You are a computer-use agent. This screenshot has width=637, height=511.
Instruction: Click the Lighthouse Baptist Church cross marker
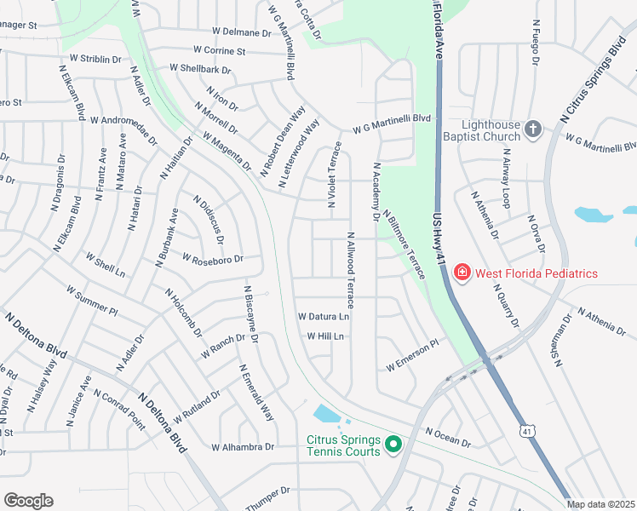coord(533,129)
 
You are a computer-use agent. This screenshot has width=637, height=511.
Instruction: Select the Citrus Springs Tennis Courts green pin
coord(393,444)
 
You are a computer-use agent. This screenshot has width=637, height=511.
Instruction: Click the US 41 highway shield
coord(528,433)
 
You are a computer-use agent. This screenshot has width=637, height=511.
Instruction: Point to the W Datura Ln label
coord(324,316)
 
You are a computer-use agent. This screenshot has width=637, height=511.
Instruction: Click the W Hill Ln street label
coord(325,336)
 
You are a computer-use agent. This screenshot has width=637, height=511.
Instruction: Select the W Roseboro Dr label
coord(213,260)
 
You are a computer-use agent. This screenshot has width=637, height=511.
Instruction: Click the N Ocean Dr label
coord(448,437)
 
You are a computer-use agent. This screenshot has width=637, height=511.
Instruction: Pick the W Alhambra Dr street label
coord(244,446)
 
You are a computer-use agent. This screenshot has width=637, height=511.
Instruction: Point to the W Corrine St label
coord(219,51)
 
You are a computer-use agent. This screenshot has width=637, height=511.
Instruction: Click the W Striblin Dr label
coord(95,59)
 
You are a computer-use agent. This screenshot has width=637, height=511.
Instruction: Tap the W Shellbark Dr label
coord(200,68)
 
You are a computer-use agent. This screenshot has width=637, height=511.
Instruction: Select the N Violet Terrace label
coord(332,175)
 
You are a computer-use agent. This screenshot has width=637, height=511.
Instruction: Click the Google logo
coord(28,500)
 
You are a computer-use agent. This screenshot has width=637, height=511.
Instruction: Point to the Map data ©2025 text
coord(600,504)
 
